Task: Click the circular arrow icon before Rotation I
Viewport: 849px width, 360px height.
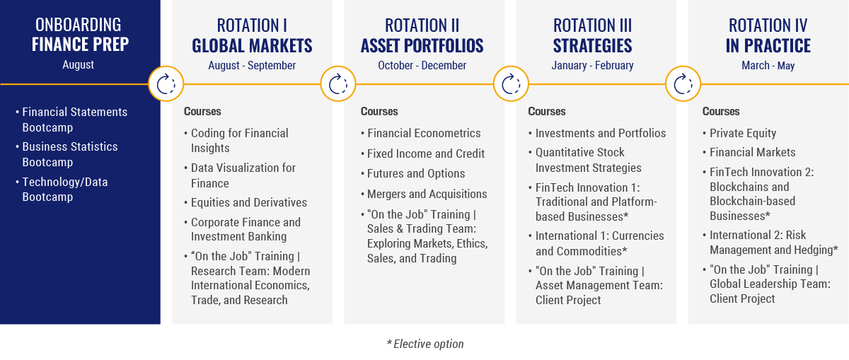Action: (x=166, y=83)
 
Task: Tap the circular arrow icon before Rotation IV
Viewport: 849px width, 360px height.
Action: (x=683, y=83)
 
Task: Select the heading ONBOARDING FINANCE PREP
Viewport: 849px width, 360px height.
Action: (x=79, y=35)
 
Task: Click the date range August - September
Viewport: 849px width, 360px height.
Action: (x=252, y=66)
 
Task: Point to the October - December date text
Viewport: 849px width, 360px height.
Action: (x=422, y=66)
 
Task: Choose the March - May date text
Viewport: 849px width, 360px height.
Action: (x=768, y=66)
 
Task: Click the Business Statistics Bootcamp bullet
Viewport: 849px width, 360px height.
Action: (x=70, y=154)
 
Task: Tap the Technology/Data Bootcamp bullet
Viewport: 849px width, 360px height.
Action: (x=65, y=190)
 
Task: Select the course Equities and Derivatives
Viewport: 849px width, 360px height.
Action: (x=248, y=202)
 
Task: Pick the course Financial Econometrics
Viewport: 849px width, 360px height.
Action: (x=424, y=133)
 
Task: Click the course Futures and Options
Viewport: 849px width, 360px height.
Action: (x=416, y=173)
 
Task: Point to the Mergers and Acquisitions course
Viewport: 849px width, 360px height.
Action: (x=427, y=194)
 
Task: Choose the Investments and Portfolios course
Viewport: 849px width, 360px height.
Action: (x=601, y=133)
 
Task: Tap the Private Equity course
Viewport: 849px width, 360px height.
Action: (x=743, y=133)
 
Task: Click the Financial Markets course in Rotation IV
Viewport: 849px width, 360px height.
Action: (x=752, y=152)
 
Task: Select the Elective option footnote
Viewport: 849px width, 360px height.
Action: (x=425, y=344)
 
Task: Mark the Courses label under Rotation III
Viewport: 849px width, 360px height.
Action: (x=546, y=112)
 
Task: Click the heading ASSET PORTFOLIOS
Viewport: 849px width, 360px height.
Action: (x=422, y=46)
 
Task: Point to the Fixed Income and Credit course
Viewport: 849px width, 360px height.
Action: (x=426, y=153)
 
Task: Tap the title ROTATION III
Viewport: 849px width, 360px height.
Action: (x=592, y=25)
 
